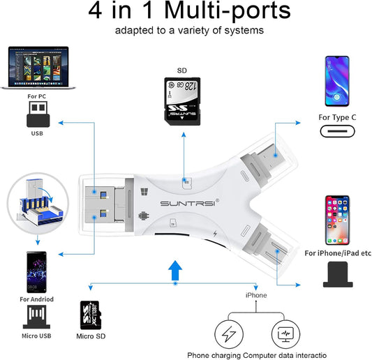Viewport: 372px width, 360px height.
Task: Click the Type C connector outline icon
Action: (x=337, y=132)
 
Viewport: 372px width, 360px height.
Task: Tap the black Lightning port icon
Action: (x=337, y=274)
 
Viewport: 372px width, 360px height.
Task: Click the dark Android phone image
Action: (x=38, y=273)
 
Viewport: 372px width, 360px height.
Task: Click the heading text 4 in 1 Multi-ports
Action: (x=186, y=13)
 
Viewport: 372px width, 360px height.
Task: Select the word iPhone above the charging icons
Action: (x=255, y=295)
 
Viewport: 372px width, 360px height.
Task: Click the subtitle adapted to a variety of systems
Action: (x=186, y=31)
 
